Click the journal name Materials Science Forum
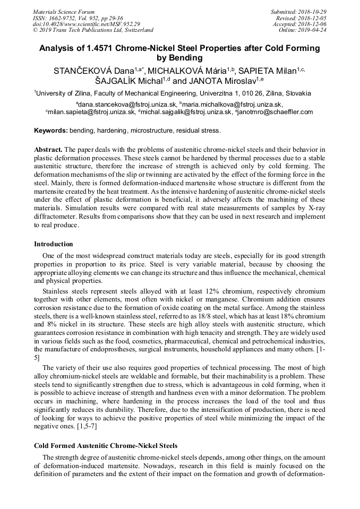pyautogui.click(x=64, y=12)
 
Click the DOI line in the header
pyautogui.click(x=86, y=24)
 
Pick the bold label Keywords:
pyautogui.click(x=51, y=131)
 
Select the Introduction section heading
pyautogui.click(x=54, y=244)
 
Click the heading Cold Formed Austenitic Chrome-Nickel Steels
pyautogui.click(x=106, y=445)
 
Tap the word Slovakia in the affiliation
pyautogui.click(x=297, y=93)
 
